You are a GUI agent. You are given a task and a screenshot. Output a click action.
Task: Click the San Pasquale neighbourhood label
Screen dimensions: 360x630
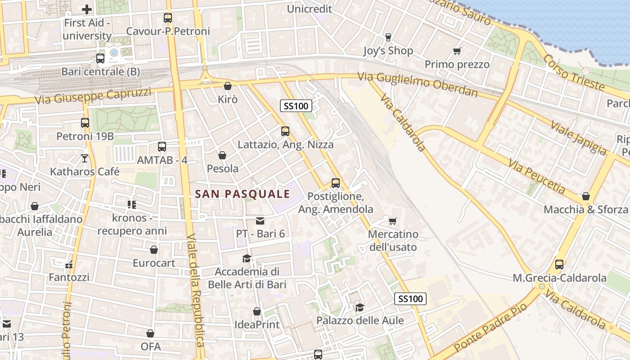(x=243, y=194)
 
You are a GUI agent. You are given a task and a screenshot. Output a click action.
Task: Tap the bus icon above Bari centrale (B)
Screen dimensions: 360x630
(x=100, y=58)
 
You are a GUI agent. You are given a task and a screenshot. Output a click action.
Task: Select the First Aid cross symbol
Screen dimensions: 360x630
(x=87, y=9)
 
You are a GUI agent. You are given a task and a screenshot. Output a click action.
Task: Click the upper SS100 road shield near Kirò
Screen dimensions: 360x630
(x=296, y=106)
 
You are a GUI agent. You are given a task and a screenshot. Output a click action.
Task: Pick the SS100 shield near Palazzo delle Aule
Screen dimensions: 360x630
(x=410, y=299)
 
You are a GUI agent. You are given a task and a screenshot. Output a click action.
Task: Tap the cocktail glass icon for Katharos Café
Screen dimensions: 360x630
(x=85, y=158)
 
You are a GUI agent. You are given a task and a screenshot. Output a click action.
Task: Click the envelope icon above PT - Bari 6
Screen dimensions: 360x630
(x=260, y=220)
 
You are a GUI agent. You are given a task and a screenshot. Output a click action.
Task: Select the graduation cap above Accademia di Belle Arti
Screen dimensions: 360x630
(x=247, y=258)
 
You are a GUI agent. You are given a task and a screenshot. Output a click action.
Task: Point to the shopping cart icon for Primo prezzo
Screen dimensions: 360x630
(x=457, y=51)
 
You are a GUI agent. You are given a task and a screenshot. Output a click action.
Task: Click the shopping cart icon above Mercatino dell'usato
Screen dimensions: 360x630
(x=392, y=221)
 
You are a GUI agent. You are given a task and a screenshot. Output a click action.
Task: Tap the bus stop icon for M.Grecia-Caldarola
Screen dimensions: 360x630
(x=559, y=265)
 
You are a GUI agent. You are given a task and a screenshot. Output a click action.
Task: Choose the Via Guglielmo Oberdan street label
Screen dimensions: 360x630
(x=418, y=84)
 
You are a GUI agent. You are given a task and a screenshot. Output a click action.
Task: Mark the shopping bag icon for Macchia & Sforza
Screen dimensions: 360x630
(x=585, y=196)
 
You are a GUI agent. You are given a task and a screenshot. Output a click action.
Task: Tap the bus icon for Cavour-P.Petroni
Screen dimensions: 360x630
(x=168, y=18)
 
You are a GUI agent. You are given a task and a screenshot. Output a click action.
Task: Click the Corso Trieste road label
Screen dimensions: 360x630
(x=573, y=72)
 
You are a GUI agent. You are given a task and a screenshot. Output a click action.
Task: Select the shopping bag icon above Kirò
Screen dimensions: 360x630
(x=228, y=86)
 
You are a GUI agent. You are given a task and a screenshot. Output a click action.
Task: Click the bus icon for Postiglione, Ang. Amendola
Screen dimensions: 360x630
(x=336, y=183)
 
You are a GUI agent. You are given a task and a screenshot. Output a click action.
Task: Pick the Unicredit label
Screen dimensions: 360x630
(x=309, y=9)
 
